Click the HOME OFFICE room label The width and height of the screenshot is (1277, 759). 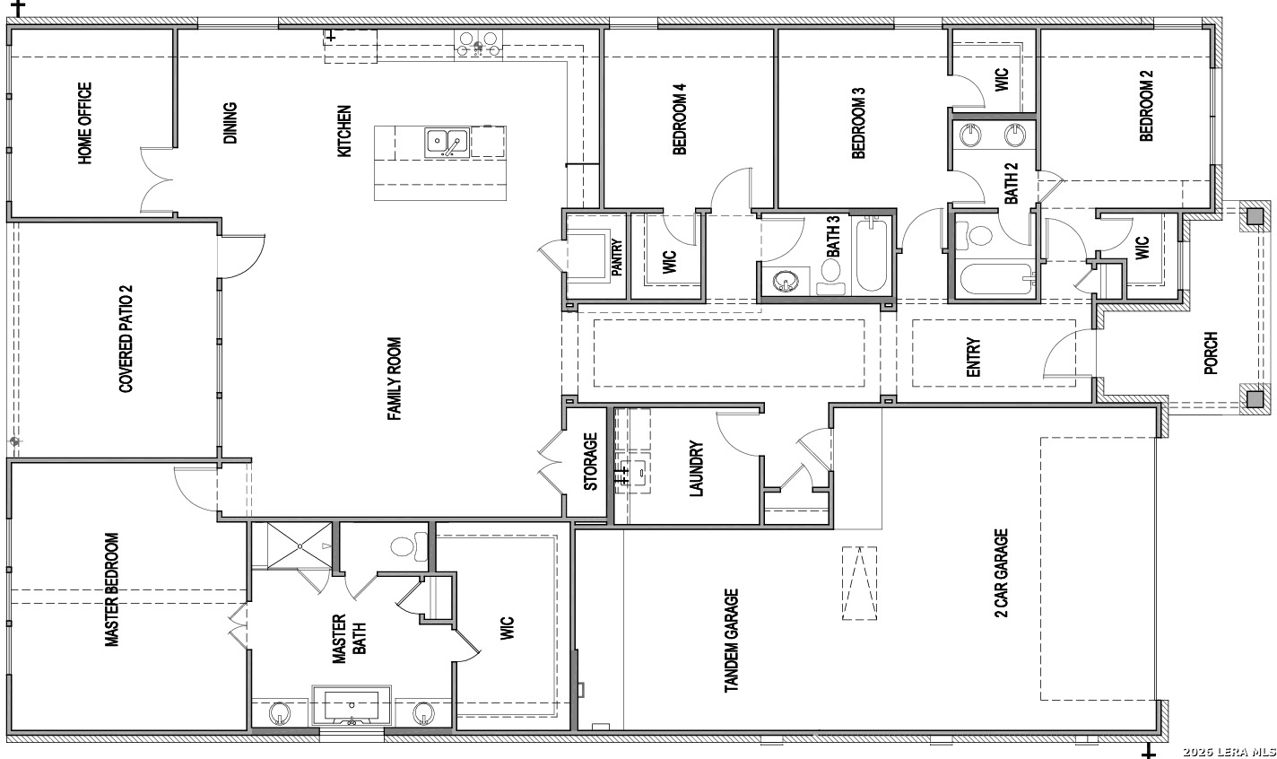click(x=85, y=123)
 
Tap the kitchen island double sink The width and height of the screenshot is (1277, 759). click(x=447, y=143)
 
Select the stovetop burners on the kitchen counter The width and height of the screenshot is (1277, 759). click(x=478, y=44)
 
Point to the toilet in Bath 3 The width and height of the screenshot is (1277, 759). click(x=830, y=275)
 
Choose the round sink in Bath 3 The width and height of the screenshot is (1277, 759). click(x=786, y=281)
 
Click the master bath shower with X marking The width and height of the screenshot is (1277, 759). click(x=300, y=545)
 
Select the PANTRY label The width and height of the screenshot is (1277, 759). click(x=616, y=257)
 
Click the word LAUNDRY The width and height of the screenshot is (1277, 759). click(x=696, y=468)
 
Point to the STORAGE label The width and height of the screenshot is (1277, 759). click(x=591, y=461)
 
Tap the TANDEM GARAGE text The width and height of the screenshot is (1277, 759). click(x=731, y=641)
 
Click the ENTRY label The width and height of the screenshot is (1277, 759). click(x=973, y=357)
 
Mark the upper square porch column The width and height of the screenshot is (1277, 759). click(x=1255, y=217)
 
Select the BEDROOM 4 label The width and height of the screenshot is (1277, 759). click(x=680, y=119)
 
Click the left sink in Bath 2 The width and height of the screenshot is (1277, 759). click(x=969, y=135)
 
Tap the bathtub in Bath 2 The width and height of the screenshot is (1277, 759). click(x=997, y=279)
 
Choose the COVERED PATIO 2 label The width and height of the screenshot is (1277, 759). click(x=126, y=339)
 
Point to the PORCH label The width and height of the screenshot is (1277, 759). click(x=1211, y=353)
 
